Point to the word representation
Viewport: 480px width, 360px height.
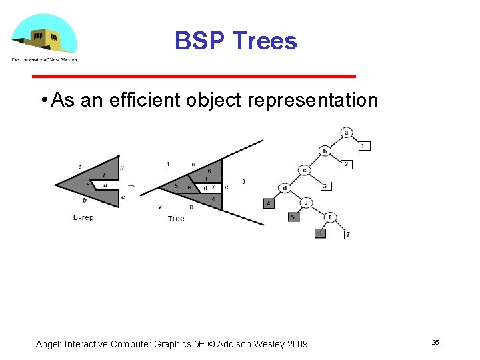coord(313,101)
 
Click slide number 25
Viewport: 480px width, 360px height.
coord(435,342)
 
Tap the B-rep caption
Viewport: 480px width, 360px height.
coord(83,217)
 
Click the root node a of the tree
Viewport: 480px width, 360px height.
coord(347,132)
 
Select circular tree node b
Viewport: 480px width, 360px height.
coord(325,151)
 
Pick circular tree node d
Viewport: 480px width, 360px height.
coord(285,188)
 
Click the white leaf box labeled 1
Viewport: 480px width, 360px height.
coord(364,145)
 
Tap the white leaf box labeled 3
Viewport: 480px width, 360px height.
coord(325,186)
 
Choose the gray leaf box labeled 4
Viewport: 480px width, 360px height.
coord(269,203)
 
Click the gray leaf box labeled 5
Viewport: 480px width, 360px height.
coord(293,217)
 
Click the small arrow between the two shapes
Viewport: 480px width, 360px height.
coord(131,186)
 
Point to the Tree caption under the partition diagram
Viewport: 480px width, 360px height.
coord(176,218)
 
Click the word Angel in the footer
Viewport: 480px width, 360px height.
coord(48,344)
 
